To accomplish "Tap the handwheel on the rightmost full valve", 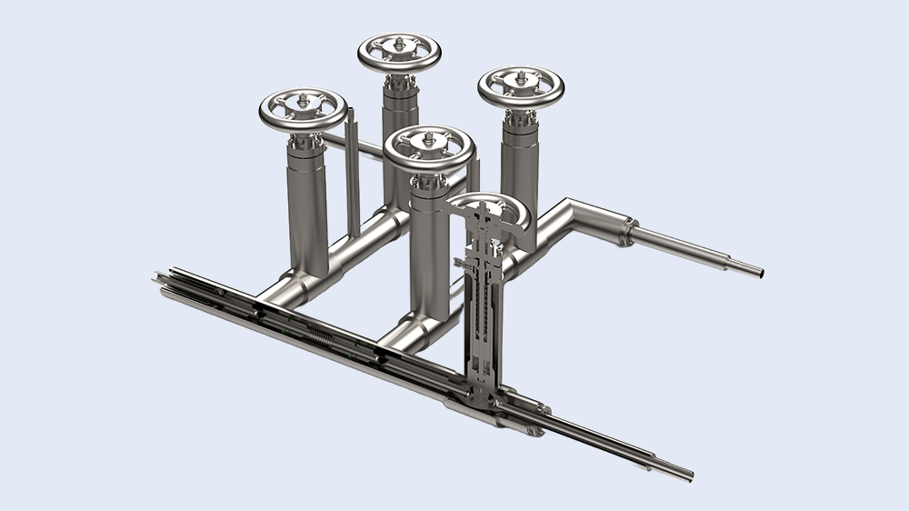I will tap(520, 86).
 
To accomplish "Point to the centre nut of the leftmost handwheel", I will tap(303, 101).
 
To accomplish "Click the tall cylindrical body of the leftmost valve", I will tap(308, 209).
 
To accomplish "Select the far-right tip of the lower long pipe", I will tap(686, 474).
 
